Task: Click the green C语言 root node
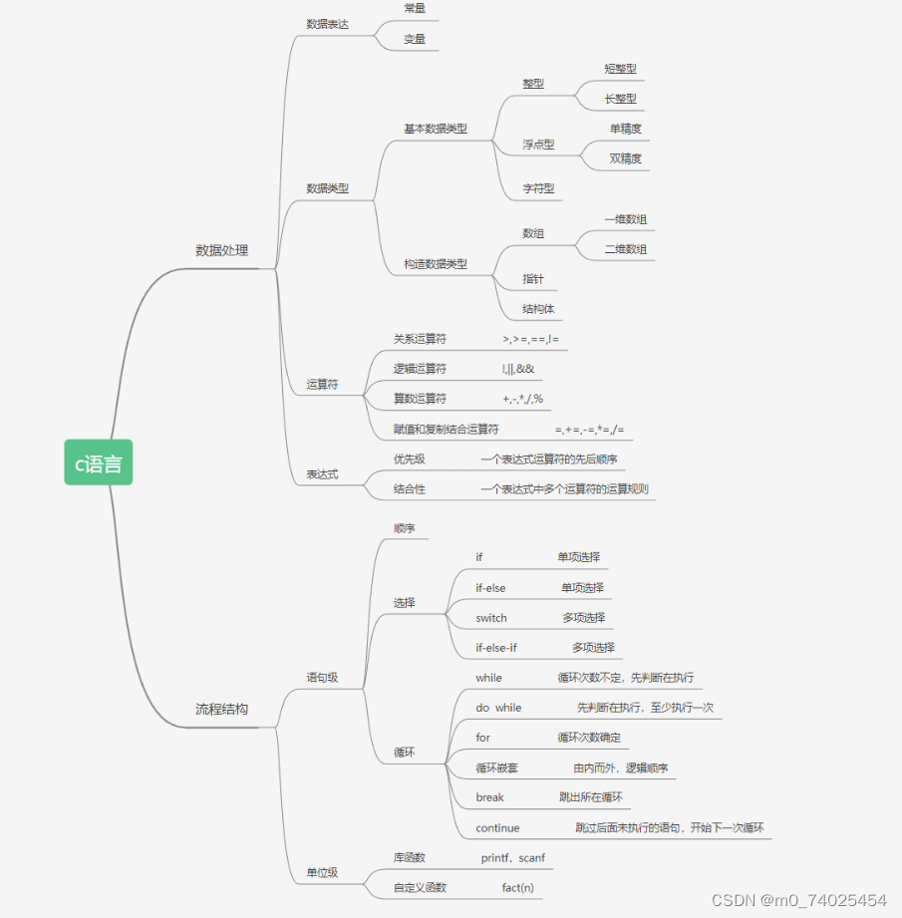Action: coord(99,462)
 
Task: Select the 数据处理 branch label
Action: coord(221,250)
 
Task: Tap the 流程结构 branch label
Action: coord(221,709)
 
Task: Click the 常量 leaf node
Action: coord(415,8)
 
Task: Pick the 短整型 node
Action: coord(620,69)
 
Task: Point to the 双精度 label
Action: coord(625,158)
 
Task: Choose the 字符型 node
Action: coord(538,188)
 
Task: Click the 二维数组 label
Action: coord(625,249)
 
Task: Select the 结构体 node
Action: coord(538,309)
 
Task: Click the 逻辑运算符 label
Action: coord(420,369)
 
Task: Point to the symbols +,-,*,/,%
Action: coord(523,400)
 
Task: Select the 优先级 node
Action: coord(410,459)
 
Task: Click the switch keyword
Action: coord(491,618)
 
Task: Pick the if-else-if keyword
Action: coord(496,648)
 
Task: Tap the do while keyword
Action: coord(498,708)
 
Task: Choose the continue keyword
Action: coord(497,827)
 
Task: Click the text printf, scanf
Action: coord(513,857)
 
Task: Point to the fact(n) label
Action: coord(517,887)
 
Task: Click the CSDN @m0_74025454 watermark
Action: coord(798,900)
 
